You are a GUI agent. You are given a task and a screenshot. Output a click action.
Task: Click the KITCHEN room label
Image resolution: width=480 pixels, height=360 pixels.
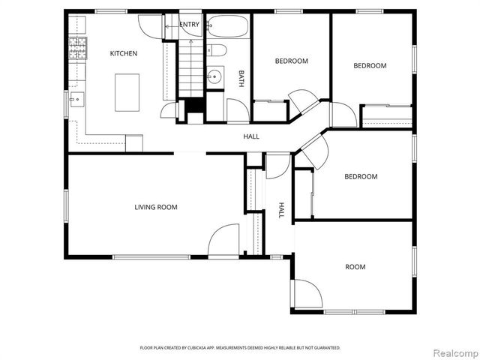(x=124, y=53)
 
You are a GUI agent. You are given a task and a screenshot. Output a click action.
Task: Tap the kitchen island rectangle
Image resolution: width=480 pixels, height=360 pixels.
(x=127, y=92)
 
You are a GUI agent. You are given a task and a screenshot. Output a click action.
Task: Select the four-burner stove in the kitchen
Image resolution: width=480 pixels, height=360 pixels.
(x=78, y=49)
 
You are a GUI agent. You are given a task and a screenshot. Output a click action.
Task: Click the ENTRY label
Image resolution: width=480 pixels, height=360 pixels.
(x=190, y=25)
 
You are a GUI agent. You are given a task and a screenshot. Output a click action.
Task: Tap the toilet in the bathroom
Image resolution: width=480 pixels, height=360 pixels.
(x=217, y=50)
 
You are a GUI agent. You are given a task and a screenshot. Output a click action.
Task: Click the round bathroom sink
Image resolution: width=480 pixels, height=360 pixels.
(x=214, y=76)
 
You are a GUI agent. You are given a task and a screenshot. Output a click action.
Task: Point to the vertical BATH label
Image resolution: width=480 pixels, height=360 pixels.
(x=241, y=79)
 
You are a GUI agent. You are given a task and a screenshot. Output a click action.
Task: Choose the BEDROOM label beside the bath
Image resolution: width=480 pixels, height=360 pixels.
(x=291, y=61)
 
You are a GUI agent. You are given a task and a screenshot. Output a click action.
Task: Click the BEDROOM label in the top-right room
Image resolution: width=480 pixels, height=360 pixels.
(x=370, y=65)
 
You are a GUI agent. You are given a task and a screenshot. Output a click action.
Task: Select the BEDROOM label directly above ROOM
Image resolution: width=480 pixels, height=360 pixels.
(x=361, y=177)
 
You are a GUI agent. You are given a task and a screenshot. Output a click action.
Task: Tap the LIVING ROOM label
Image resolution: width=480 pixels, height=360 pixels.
(x=156, y=207)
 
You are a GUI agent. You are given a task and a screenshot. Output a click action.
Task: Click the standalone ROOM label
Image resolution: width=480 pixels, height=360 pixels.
(x=355, y=267)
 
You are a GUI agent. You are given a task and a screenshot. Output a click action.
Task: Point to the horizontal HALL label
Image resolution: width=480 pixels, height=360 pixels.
(x=251, y=136)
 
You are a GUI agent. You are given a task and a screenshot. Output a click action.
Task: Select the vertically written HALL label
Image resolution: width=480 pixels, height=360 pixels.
(x=282, y=209)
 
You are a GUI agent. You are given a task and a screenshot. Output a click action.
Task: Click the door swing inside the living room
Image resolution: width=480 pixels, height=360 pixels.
(x=223, y=241)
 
